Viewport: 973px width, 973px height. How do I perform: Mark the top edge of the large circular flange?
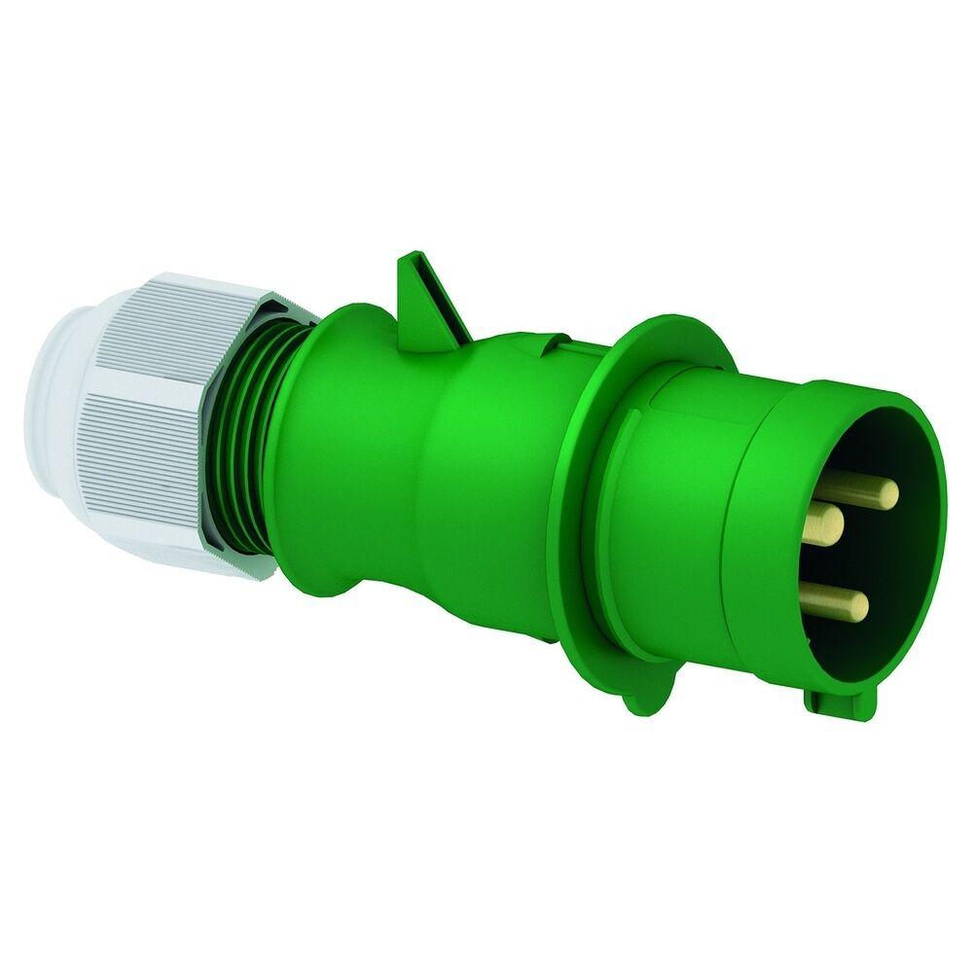(671, 321)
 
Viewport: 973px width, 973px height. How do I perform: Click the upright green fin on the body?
(428, 297)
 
